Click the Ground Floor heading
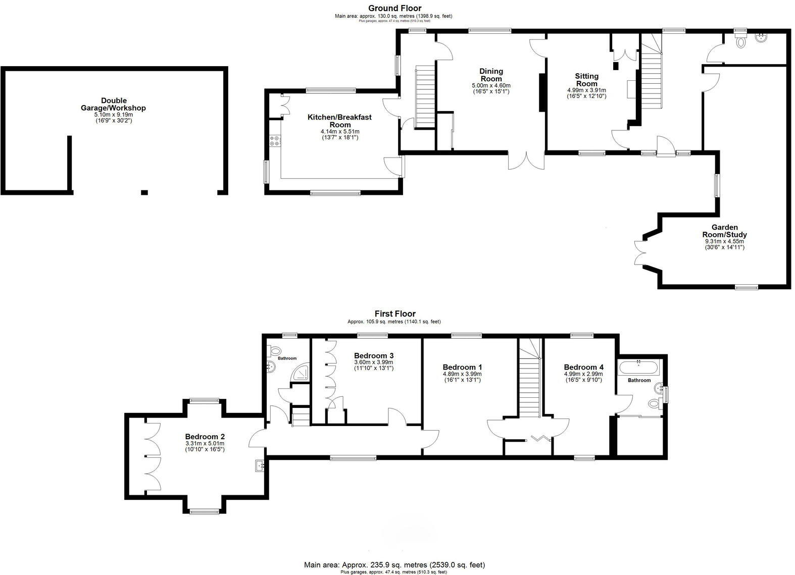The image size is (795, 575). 394,8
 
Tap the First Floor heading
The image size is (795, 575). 395,314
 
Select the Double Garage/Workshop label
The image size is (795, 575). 114,104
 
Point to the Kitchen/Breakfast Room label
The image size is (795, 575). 339,121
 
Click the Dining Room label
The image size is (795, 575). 491,75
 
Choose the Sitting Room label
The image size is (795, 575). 586,80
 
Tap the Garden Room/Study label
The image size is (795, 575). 724,231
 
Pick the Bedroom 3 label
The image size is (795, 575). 374,355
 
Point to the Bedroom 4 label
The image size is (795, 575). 583,367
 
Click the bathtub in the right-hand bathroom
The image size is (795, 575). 639,367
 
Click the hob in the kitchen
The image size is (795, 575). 275,140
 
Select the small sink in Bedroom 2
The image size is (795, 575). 260,465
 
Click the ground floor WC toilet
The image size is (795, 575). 741,42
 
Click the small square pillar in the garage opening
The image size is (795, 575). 144,192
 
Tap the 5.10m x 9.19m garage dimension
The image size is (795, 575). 114,115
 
